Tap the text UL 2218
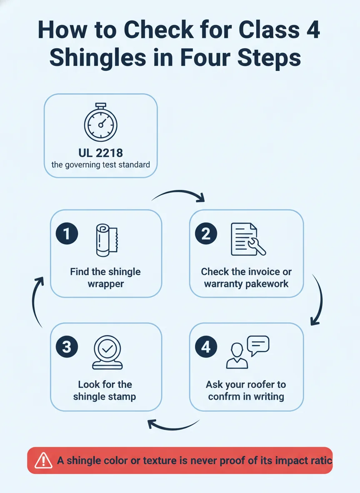click(x=101, y=153)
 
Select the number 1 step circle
click(x=67, y=234)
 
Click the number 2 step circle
click(x=206, y=234)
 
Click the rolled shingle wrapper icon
click(x=106, y=240)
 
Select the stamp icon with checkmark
click(x=107, y=352)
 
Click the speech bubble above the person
click(x=258, y=345)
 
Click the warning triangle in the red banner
click(x=43, y=461)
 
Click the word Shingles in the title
click(x=98, y=58)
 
